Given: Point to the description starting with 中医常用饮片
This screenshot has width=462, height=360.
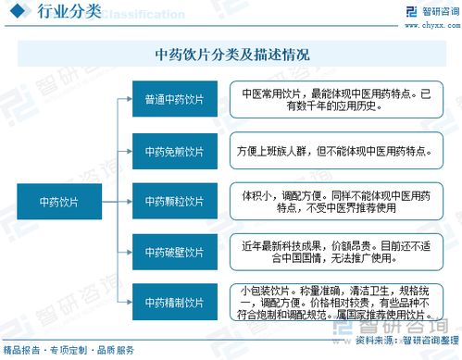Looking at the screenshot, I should click(x=335, y=100).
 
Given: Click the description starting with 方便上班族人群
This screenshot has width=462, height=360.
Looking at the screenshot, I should click(x=335, y=150).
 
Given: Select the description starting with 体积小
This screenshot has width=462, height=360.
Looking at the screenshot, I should click(x=335, y=201).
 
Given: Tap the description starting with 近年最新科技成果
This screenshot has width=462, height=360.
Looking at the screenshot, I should click(x=335, y=251).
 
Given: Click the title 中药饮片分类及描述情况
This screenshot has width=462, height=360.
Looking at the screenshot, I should click(x=231, y=56).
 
